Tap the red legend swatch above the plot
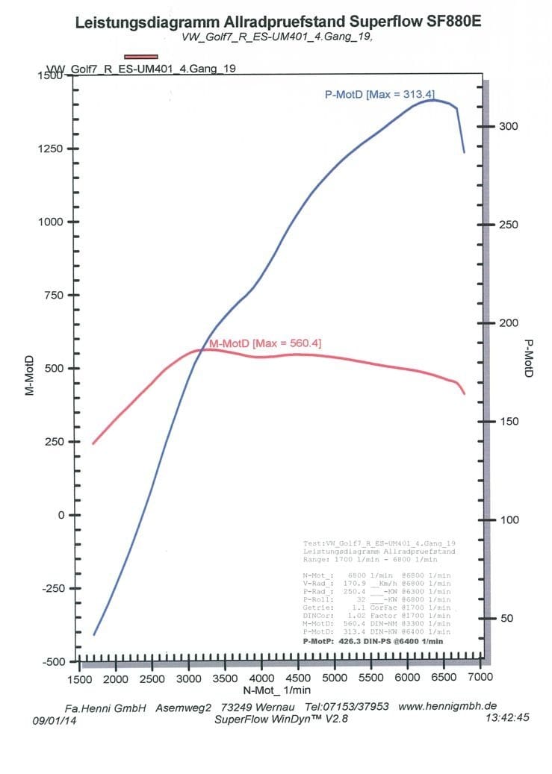pos(142,56)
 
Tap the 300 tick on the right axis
pos(508,126)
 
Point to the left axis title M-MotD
pos(31,369)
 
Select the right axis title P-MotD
pos(528,358)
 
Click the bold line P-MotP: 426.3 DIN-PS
pos(373,641)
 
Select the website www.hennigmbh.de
pos(447,706)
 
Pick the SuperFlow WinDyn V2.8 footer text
pos(281,719)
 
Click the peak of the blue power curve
pos(434,100)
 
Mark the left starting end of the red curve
pos(93,443)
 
